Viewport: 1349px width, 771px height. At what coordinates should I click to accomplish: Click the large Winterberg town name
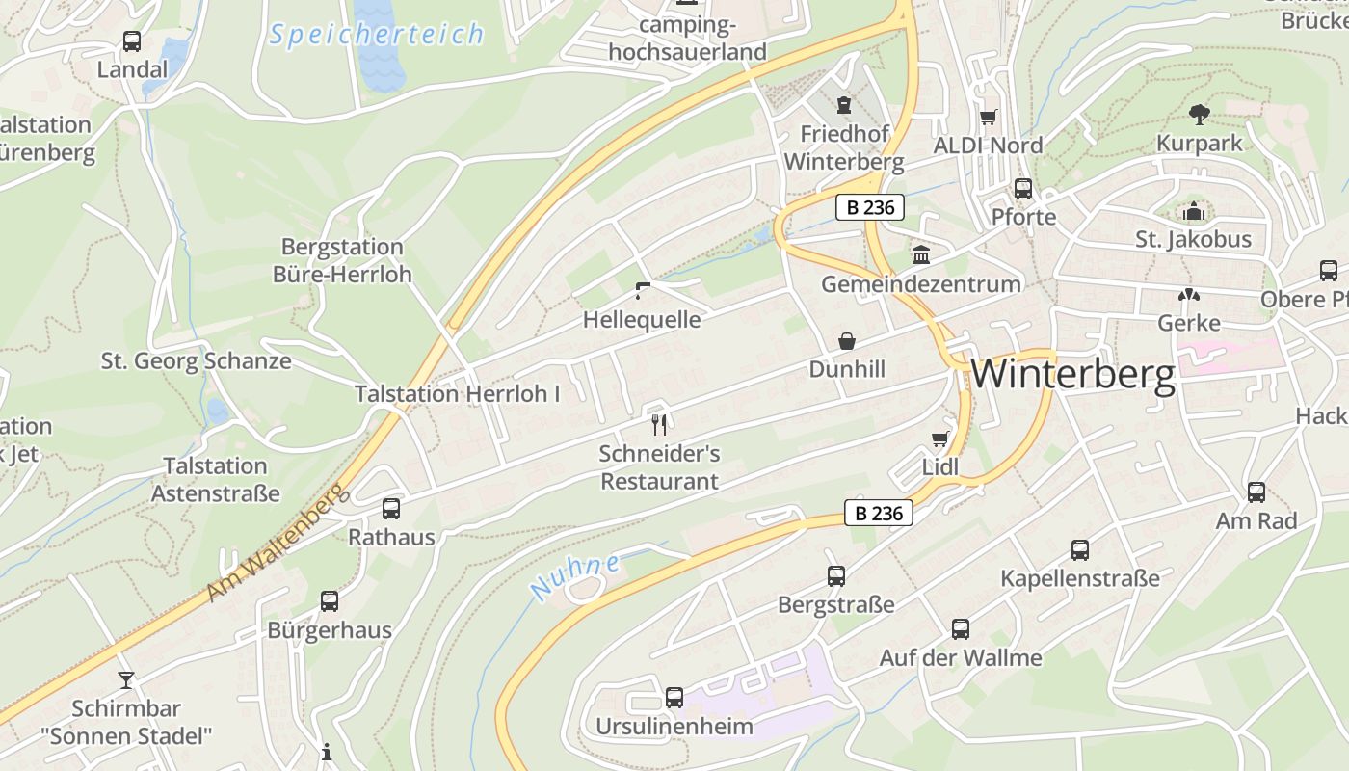pyautogui.click(x=1072, y=374)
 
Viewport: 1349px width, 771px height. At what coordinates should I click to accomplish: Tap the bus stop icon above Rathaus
pyautogui.click(x=391, y=509)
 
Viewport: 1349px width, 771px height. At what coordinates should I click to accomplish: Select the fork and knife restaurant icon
pyautogui.click(x=660, y=424)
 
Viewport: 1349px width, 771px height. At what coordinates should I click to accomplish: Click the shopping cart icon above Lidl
pyautogui.click(x=940, y=439)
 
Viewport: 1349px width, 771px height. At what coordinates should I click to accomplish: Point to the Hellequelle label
pyautogui.click(x=642, y=319)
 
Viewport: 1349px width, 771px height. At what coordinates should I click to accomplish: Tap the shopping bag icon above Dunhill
pyautogui.click(x=847, y=341)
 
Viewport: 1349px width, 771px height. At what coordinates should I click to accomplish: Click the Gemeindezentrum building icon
pyautogui.click(x=921, y=255)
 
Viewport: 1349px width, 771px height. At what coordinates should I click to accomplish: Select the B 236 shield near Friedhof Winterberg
pyautogui.click(x=869, y=207)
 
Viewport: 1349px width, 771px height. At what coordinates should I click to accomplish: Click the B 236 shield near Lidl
pyautogui.click(x=879, y=514)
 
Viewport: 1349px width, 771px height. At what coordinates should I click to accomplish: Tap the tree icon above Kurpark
pyautogui.click(x=1200, y=115)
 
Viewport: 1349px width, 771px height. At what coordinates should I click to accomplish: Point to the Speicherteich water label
pyautogui.click(x=377, y=35)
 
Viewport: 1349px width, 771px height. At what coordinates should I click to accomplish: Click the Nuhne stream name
pyautogui.click(x=574, y=576)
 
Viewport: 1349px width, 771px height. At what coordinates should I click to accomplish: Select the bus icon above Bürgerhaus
pyautogui.click(x=330, y=601)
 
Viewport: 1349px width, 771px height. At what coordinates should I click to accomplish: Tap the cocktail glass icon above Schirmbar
pyautogui.click(x=125, y=679)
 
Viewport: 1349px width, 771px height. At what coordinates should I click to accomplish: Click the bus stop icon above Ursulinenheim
pyautogui.click(x=674, y=697)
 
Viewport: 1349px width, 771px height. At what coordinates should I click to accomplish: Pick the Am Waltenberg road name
pyautogui.click(x=277, y=545)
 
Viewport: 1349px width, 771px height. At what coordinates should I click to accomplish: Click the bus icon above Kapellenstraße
pyautogui.click(x=1080, y=550)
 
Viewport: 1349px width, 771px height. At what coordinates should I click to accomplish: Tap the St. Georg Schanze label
pyautogui.click(x=197, y=361)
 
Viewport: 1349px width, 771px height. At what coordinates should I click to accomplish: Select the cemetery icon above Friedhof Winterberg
pyautogui.click(x=845, y=104)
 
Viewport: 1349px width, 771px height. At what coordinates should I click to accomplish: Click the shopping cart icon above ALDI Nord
pyautogui.click(x=988, y=118)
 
